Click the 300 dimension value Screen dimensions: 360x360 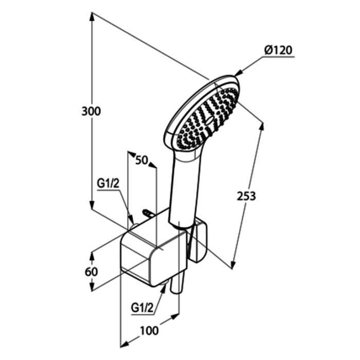click(91, 112)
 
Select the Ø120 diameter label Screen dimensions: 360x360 click(278, 50)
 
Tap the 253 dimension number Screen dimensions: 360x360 click(246, 196)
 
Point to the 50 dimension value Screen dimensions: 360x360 click(141, 160)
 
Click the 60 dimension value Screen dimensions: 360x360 click(91, 272)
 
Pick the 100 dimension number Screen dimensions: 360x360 click(149, 331)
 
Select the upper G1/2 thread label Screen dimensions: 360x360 click(108, 184)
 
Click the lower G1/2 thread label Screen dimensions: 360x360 click(142, 308)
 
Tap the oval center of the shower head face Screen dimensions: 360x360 click(209, 120)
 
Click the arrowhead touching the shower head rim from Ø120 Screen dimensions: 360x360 click(238, 73)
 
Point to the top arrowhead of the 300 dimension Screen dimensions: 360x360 click(92, 17)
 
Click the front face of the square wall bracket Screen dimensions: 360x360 click(135, 258)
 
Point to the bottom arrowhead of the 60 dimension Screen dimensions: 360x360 click(92, 286)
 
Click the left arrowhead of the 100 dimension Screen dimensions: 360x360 click(124, 344)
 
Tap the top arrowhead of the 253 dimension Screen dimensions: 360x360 click(262, 128)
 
